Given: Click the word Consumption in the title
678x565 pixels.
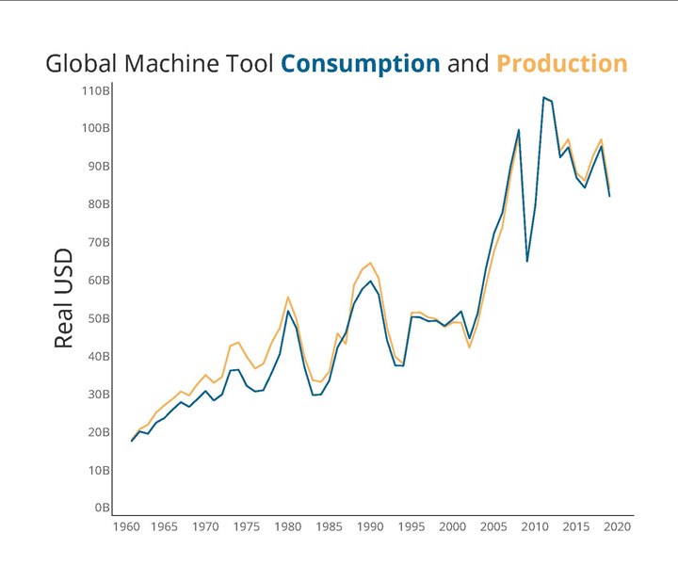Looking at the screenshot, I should [x=361, y=64].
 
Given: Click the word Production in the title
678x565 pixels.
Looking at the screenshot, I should [x=561, y=64].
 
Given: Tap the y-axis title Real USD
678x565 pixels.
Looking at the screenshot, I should [x=63, y=299].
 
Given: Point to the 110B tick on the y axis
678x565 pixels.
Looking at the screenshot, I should [x=95, y=91].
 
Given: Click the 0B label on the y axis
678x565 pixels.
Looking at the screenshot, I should [x=101, y=508].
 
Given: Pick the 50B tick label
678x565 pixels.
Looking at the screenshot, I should [x=98, y=318].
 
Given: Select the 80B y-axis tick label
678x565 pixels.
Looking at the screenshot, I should [x=98, y=204].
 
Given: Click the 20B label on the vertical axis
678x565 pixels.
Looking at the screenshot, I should [x=98, y=432].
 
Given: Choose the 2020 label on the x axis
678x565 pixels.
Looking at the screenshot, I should [x=617, y=527].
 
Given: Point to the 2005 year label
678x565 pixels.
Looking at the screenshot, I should [x=493, y=527].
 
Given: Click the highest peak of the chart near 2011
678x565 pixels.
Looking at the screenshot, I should [x=543, y=97].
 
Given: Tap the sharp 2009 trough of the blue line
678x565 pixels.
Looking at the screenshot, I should [x=527, y=261].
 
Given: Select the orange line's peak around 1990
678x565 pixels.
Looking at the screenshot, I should [x=370, y=263].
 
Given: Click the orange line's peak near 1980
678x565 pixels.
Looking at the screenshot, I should [x=288, y=297].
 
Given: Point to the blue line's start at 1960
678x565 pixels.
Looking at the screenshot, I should [x=132, y=441].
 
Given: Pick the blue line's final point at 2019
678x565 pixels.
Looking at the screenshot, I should [x=609, y=196].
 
